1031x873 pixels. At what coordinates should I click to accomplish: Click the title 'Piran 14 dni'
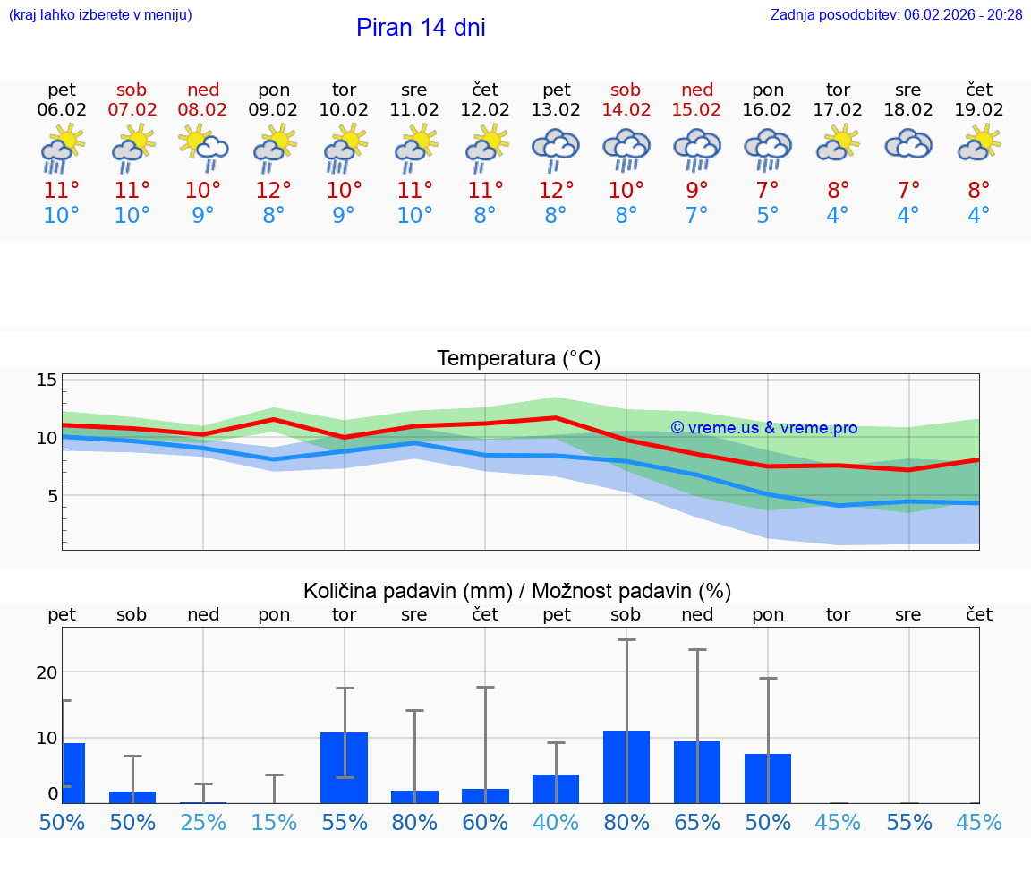click(421, 28)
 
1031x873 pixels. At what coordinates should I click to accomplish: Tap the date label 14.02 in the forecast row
click(626, 110)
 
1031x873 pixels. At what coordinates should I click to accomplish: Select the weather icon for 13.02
click(556, 150)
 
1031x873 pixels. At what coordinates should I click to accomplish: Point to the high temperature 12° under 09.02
click(274, 191)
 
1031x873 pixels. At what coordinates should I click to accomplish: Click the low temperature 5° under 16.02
click(768, 216)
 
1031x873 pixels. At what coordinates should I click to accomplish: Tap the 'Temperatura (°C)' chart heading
click(518, 359)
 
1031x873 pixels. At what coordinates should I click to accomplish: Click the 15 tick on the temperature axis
click(47, 381)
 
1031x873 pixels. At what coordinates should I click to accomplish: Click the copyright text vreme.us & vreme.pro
click(763, 428)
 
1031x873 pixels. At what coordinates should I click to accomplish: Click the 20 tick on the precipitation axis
click(47, 672)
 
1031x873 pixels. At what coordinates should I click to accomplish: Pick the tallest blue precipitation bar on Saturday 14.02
click(626, 767)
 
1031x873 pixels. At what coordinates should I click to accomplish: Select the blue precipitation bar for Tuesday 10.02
click(345, 768)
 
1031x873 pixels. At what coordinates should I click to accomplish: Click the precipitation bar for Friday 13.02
click(556, 789)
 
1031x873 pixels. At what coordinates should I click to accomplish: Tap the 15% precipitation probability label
click(274, 822)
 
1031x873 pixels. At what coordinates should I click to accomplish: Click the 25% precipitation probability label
click(203, 822)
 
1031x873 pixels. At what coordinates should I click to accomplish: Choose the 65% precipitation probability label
click(697, 822)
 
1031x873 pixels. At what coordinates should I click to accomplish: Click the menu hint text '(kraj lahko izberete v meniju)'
click(100, 15)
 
